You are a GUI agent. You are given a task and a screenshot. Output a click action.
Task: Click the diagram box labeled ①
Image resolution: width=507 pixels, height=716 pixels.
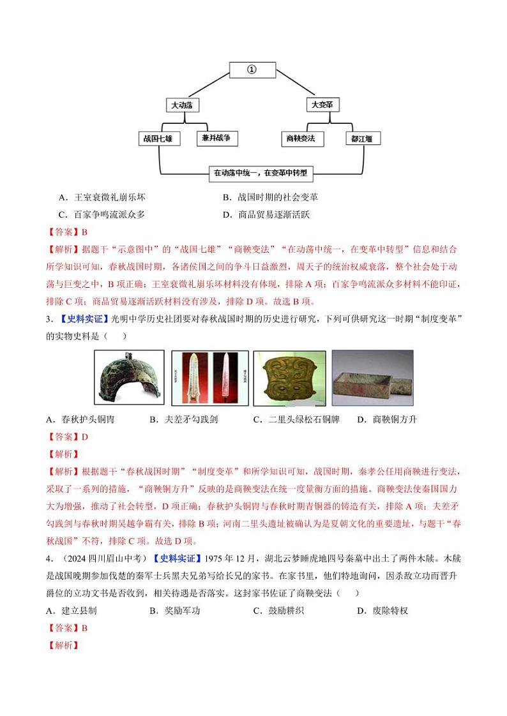click(252, 70)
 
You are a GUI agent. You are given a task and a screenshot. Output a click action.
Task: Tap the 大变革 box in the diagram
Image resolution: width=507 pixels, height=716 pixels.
click(322, 104)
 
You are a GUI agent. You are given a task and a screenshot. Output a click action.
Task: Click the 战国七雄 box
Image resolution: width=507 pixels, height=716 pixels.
click(159, 138)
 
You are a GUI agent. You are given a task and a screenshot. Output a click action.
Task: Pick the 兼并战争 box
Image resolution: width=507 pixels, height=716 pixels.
click(216, 138)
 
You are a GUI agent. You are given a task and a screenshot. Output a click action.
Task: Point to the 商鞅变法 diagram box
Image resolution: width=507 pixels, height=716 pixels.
click(302, 138)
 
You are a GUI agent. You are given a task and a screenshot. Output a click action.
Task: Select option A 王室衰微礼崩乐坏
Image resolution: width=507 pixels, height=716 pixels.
click(105, 198)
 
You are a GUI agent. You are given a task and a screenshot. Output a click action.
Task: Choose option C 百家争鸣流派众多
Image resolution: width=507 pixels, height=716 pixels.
click(105, 215)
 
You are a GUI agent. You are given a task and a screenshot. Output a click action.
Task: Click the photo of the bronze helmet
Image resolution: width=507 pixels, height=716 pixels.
click(129, 378)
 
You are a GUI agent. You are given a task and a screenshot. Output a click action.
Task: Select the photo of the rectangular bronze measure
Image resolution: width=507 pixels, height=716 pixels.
click(372, 378)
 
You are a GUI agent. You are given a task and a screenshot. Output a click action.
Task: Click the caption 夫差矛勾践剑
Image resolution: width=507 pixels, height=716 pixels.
click(179, 419)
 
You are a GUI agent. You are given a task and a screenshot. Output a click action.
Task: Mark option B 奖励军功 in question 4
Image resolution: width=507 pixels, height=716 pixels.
click(175, 611)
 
